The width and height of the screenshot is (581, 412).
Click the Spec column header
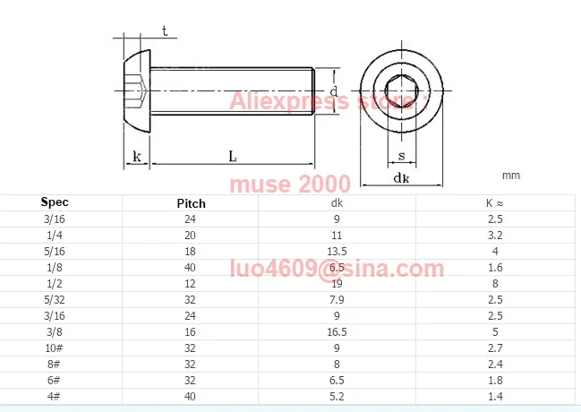pos(55,202)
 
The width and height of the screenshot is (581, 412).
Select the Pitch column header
pos(191,203)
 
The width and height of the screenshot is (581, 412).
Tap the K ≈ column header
pos(495,203)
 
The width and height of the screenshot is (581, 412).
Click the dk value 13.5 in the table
pos(337,252)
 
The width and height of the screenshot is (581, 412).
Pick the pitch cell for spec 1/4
pos(190,236)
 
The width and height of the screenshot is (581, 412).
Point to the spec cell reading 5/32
pos(55,300)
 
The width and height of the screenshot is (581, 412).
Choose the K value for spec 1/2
pos(495,284)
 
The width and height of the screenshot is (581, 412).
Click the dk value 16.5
pos(337,332)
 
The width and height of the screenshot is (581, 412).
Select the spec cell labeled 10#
pos(54,348)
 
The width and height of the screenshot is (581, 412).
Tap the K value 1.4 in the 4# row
pos(495,397)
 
